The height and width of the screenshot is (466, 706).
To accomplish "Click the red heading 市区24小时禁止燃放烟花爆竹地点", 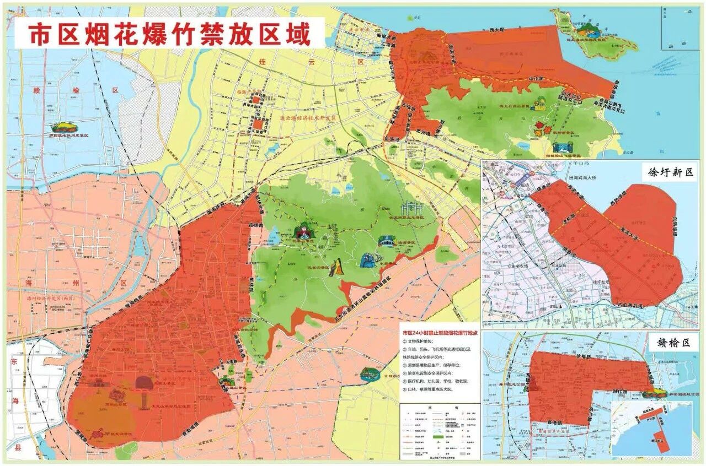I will pos(440,333).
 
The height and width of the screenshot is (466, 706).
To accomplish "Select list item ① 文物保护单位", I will pos(425,342).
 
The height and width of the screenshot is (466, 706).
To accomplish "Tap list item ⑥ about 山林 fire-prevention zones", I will pos(431,389).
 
